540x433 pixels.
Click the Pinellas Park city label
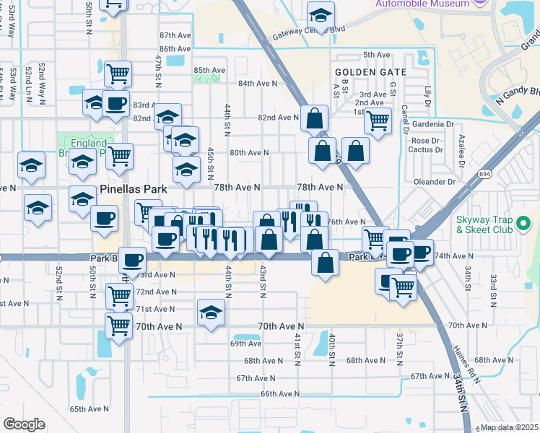134,189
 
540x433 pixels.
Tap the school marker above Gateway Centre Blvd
321,14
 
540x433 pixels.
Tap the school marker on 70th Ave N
211,312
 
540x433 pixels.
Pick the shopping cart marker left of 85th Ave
118,73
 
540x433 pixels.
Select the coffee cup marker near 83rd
116,103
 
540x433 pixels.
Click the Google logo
24,424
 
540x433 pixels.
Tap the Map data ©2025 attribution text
509,427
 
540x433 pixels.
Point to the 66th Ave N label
279,393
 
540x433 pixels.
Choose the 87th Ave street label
174,35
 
